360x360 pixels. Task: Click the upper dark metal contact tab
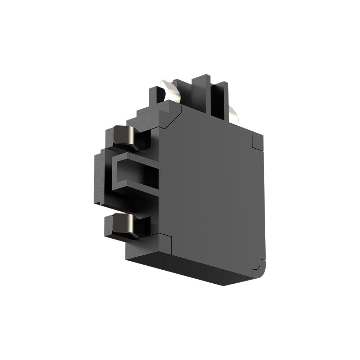click(124, 136)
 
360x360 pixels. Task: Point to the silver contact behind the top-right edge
click(233, 114)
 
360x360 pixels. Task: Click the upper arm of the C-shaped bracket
click(135, 157)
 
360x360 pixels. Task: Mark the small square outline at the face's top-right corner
click(258, 141)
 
